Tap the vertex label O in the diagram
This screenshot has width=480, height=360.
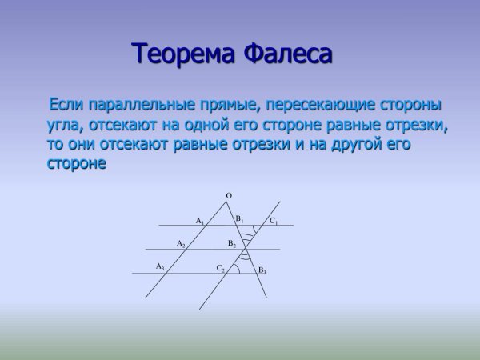(x=229, y=195)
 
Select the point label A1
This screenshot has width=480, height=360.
(x=200, y=220)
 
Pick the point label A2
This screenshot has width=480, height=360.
(x=181, y=243)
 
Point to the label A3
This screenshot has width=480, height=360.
(x=160, y=266)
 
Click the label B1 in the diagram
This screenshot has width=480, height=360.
(x=239, y=218)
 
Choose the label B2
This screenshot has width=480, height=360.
(x=232, y=243)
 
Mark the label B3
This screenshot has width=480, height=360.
(x=262, y=271)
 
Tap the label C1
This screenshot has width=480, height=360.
(x=274, y=221)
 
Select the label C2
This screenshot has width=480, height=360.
(x=221, y=268)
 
